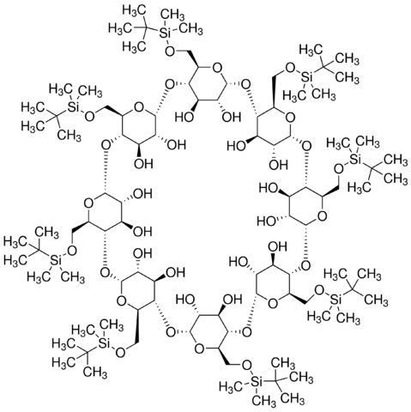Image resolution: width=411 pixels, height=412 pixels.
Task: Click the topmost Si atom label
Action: point(165,33)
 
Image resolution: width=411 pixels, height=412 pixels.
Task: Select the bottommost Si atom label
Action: point(257,381)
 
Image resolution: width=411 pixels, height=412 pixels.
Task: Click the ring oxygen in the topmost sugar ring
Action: point(217,68)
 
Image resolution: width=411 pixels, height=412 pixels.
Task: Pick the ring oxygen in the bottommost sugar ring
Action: point(199,349)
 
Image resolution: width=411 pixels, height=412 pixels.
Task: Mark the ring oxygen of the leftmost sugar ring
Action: point(89,203)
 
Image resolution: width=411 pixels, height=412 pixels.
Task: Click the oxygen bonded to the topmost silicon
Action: point(170,51)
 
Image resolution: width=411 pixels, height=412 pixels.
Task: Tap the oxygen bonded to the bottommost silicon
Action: point(246,365)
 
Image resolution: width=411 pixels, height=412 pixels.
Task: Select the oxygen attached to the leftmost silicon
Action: point(72,251)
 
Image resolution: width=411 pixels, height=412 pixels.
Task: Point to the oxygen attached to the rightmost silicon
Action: point(339,169)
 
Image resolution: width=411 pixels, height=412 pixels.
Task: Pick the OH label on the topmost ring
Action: point(232,117)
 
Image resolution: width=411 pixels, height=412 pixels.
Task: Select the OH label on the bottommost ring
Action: point(233,300)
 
